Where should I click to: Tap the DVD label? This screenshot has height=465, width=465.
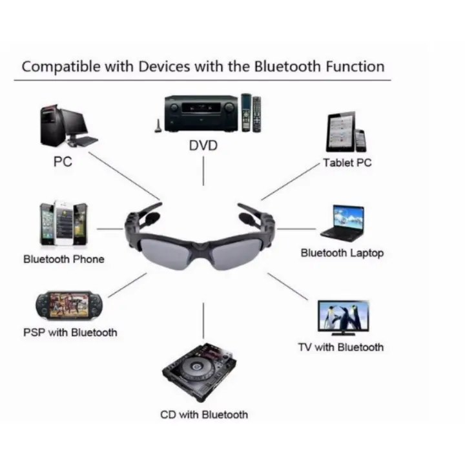click(x=203, y=146)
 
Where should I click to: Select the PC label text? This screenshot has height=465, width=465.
click(x=63, y=161)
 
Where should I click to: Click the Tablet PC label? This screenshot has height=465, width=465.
click(x=347, y=163)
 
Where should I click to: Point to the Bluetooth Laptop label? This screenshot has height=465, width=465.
click(x=342, y=253)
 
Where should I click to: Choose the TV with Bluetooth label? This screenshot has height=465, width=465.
click(x=340, y=347)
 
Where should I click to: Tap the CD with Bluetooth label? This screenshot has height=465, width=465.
click(x=203, y=414)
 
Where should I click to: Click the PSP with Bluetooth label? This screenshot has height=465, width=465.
click(x=70, y=333)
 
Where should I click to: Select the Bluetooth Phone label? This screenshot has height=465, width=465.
click(x=63, y=259)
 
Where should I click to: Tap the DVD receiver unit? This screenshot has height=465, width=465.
click(x=201, y=114)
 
